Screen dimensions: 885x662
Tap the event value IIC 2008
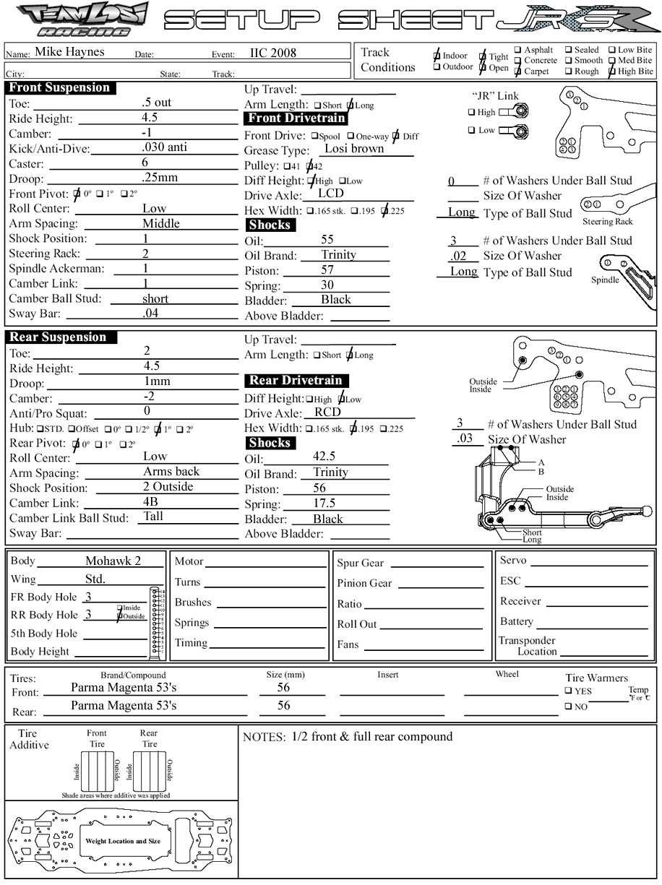coord(273,53)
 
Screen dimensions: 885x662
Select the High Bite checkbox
coord(611,72)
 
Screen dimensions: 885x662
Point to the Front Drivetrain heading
coord(296,118)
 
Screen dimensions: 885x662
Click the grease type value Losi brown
coord(354,149)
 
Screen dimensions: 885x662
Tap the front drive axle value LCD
coord(331,193)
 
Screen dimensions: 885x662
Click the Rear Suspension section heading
coord(58,337)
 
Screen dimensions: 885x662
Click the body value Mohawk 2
coord(113,561)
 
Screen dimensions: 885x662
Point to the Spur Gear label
coord(361,564)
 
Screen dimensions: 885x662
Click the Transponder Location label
coord(527,646)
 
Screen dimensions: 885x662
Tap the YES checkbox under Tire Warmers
coord(569,691)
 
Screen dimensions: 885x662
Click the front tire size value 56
coord(284,688)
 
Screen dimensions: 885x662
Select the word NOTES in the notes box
coord(265,738)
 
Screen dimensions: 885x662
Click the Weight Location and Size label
coord(123,842)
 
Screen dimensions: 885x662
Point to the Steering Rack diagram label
coord(608,222)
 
